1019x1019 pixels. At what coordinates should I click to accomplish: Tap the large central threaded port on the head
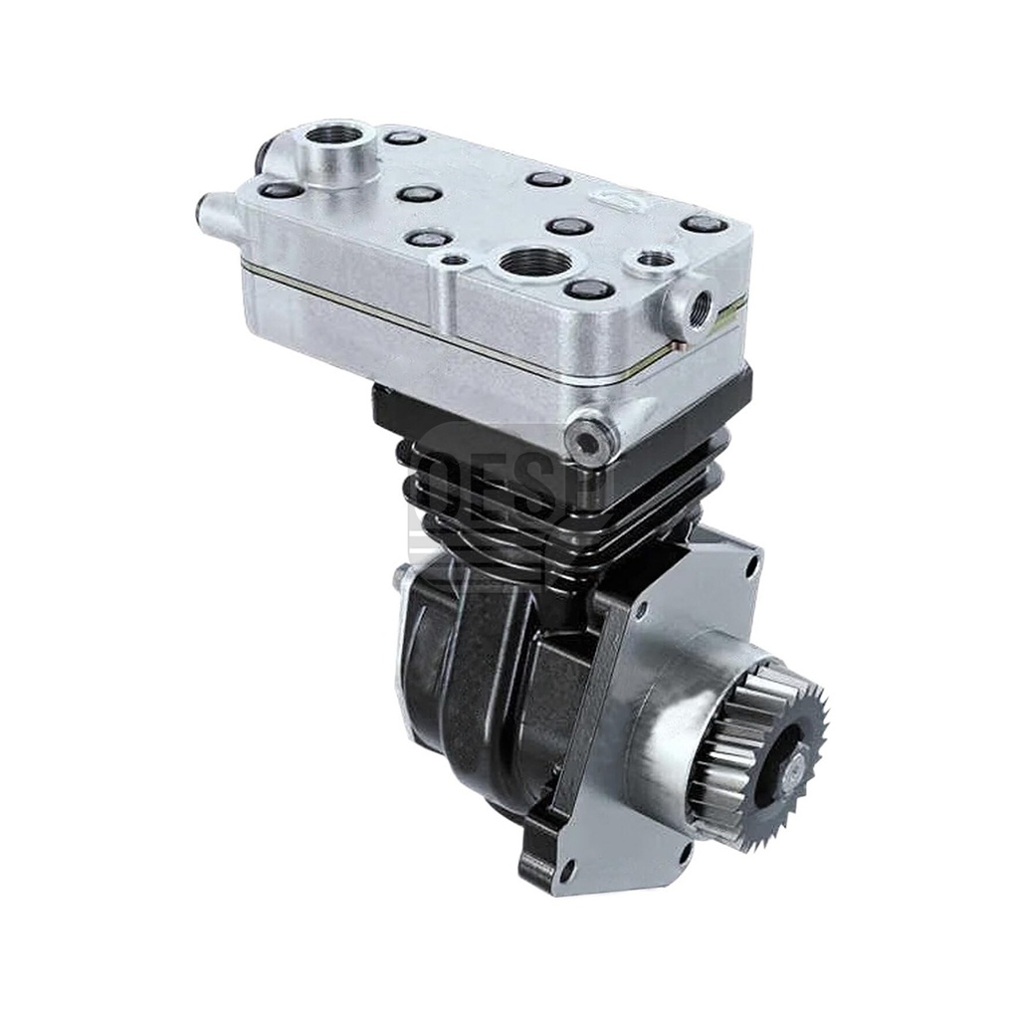pos(534,264)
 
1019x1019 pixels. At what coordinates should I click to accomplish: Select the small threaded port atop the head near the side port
pos(655,260)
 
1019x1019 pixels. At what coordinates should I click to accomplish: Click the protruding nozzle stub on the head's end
pos(211,212)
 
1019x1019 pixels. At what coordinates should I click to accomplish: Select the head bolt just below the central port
pos(589,290)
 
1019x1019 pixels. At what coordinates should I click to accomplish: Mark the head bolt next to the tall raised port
pos(405,137)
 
